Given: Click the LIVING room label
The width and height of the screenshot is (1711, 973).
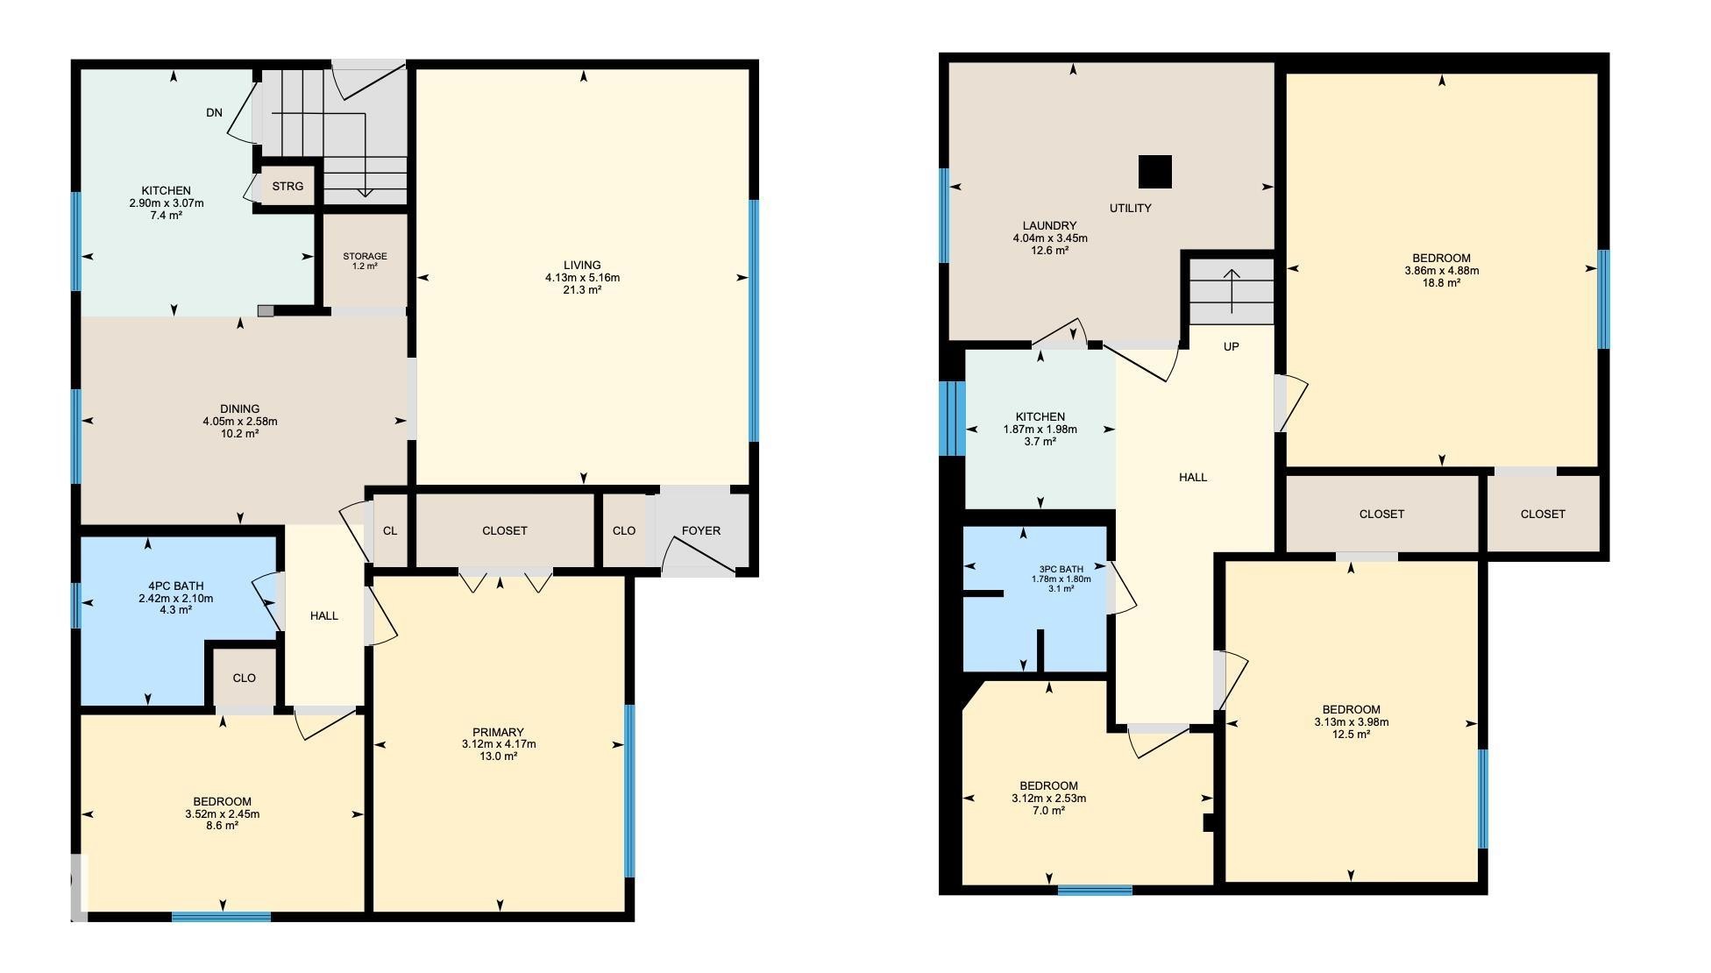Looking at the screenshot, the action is click(582, 265).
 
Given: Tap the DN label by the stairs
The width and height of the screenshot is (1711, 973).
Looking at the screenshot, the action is click(215, 112).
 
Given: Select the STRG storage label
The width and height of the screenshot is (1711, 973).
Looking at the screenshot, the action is click(288, 186).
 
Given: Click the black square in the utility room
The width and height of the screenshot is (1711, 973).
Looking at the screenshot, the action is click(1155, 172).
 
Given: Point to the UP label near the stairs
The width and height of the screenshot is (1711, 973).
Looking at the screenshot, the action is click(1231, 346).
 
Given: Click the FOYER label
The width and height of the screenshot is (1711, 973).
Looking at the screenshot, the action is click(701, 530).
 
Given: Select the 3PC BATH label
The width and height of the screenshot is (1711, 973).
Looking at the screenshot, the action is click(1061, 569).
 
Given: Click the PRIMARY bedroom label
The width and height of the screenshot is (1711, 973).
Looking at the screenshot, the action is click(498, 732).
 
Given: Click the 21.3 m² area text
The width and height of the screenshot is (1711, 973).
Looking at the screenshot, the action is click(582, 290).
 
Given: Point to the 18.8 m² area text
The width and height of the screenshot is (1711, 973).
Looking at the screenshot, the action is click(1441, 283).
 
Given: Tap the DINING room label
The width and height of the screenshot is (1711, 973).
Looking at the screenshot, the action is click(240, 408).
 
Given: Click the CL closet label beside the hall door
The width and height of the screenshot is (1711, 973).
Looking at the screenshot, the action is click(390, 530).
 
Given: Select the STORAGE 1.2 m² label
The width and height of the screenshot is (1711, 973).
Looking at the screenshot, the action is click(365, 261).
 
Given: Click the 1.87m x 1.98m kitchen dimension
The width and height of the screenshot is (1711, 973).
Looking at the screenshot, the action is click(1040, 430).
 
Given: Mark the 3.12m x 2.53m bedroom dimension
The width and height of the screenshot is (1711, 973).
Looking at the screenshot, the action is click(1048, 799).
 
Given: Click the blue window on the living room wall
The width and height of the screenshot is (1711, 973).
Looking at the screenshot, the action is click(754, 321).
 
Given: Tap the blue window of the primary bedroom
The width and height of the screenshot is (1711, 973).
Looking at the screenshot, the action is click(629, 791).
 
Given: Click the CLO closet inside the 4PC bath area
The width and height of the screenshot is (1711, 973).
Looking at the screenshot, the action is click(245, 678).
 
